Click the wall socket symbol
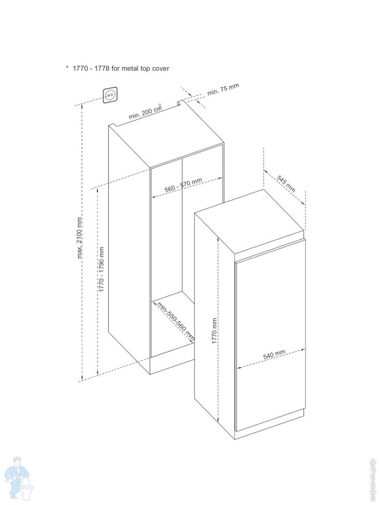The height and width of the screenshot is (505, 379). tap(110, 96)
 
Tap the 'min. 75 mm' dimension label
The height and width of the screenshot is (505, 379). tap(223, 90)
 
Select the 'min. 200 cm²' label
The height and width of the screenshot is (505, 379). tap(145, 112)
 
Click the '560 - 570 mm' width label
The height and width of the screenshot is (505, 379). tap(183, 186)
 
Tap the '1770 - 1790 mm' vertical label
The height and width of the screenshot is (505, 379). tap(101, 269)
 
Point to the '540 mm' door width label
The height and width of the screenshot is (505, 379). tap(275, 355)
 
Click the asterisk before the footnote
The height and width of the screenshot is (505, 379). tap(67, 68)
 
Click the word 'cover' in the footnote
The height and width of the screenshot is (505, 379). tap(160, 68)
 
